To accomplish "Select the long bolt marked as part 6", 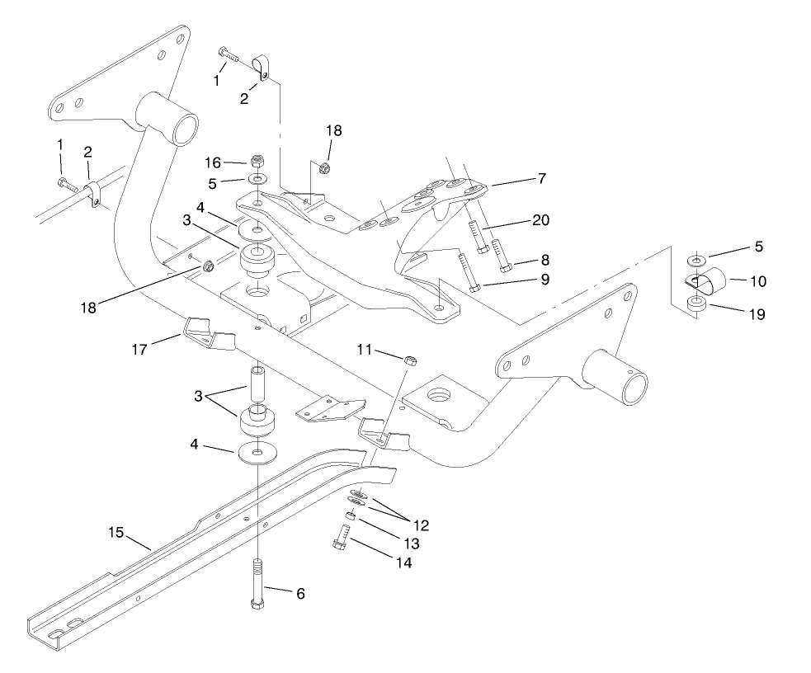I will point(258,586).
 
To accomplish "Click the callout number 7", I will point(541,178).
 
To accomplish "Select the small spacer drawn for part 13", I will point(351,516).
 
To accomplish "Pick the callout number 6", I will point(299,593).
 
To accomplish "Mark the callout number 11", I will point(365,351).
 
